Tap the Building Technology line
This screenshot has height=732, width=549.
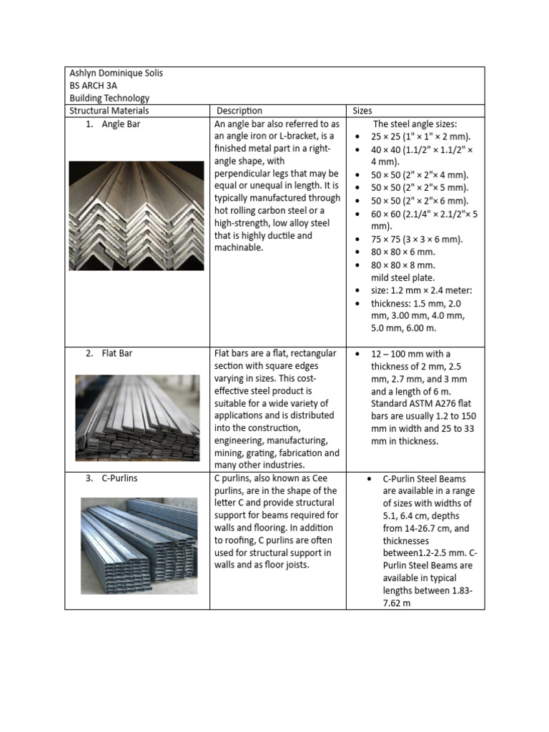[109, 99]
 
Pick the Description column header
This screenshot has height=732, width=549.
[239, 111]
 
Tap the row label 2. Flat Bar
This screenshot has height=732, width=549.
[108, 353]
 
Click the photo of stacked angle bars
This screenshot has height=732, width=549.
[136, 216]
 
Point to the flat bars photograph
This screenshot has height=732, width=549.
[137, 417]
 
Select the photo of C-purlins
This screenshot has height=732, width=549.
[138, 546]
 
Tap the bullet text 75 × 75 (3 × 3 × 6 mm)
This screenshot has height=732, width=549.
[416, 239]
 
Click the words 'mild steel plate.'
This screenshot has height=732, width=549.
[402, 277]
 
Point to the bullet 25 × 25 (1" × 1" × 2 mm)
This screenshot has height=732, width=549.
[421, 137]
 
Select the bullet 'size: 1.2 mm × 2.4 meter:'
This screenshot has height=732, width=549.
[422, 290]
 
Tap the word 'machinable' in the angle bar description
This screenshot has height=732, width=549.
[239, 247]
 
